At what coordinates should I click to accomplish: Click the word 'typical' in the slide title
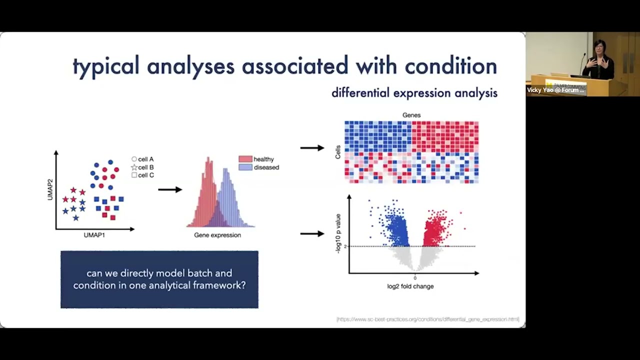point(105,66)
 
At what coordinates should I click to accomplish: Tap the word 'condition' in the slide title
point(450,66)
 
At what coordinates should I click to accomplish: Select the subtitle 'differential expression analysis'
point(414,93)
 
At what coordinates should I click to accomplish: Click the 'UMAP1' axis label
point(94,235)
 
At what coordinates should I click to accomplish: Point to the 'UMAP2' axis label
point(50,189)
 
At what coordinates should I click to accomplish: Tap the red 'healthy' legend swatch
point(245,159)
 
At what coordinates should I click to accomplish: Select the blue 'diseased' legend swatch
point(245,167)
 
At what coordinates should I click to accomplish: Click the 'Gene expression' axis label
point(217,235)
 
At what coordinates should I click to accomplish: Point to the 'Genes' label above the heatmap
point(411,115)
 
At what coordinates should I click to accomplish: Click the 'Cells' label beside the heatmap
point(338,152)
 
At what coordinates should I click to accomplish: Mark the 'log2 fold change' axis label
point(410,286)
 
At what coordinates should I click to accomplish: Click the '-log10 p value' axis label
point(338,233)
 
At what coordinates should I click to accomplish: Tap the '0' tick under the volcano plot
point(415,278)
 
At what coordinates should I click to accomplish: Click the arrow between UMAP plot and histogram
point(170,189)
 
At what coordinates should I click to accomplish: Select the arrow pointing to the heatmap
point(312,147)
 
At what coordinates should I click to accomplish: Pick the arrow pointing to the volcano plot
point(312,233)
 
